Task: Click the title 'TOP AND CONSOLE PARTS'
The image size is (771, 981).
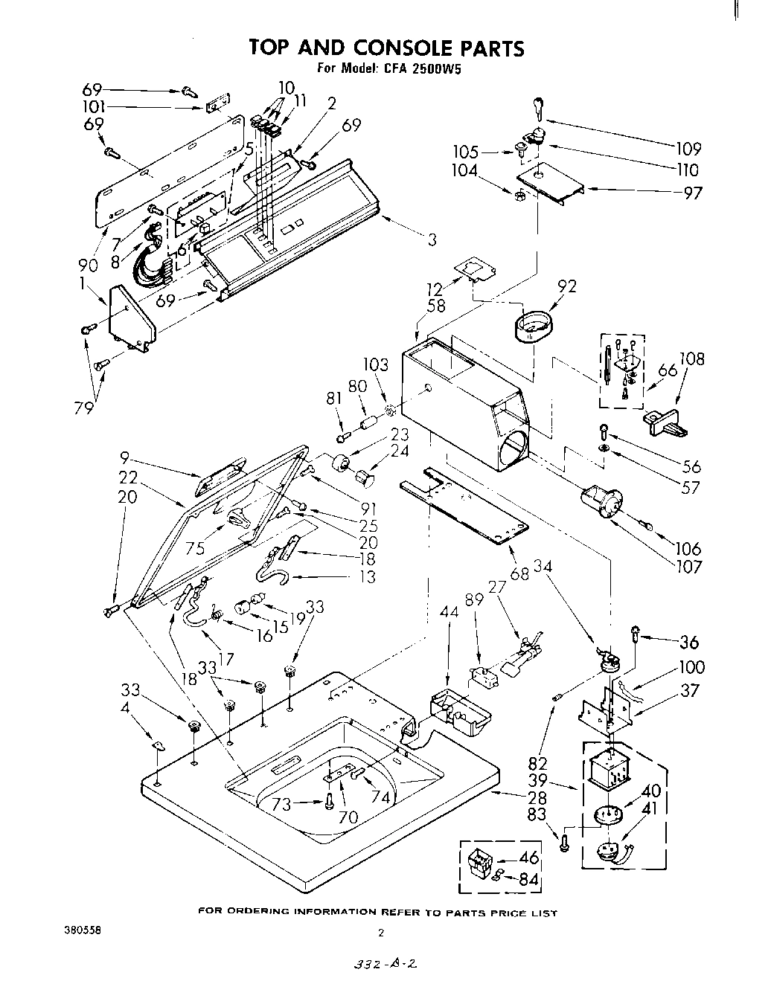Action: [x=385, y=48]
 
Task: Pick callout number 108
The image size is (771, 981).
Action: [x=691, y=360]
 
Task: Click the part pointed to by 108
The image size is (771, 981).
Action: [x=662, y=423]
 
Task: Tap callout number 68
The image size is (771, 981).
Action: [x=520, y=573]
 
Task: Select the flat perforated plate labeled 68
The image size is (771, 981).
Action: [x=464, y=509]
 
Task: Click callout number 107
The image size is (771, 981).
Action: [x=688, y=567]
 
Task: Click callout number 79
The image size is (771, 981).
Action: [x=83, y=407]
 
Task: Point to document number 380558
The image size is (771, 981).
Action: [x=82, y=930]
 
